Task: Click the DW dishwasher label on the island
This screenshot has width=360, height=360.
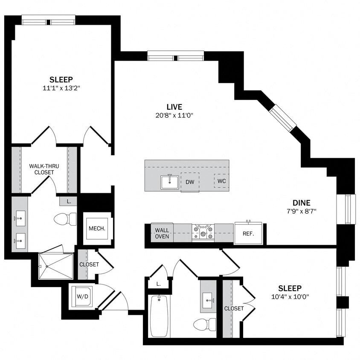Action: [190, 182]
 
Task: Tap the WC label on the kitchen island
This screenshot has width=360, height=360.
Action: [221, 181]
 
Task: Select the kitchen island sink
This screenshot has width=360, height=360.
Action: [170, 182]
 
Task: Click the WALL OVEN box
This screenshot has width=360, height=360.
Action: [162, 233]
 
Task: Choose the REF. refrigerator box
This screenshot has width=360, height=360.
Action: [248, 233]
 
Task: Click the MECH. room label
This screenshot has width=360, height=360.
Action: [97, 228]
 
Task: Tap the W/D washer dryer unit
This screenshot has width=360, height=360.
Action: [81, 296]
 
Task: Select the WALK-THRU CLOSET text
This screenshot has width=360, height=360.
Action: [41, 169]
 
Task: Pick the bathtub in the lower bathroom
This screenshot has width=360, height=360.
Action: [160, 315]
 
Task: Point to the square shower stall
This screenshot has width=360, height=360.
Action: [56, 266]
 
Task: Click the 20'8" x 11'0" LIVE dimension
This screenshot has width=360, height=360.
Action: [174, 115]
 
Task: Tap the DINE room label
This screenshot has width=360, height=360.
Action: [301, 203]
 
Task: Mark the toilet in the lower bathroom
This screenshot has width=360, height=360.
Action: [204, 324]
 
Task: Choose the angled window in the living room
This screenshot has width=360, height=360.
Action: [282, 117]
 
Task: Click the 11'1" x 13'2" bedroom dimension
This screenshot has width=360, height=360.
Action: [61, 88]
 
